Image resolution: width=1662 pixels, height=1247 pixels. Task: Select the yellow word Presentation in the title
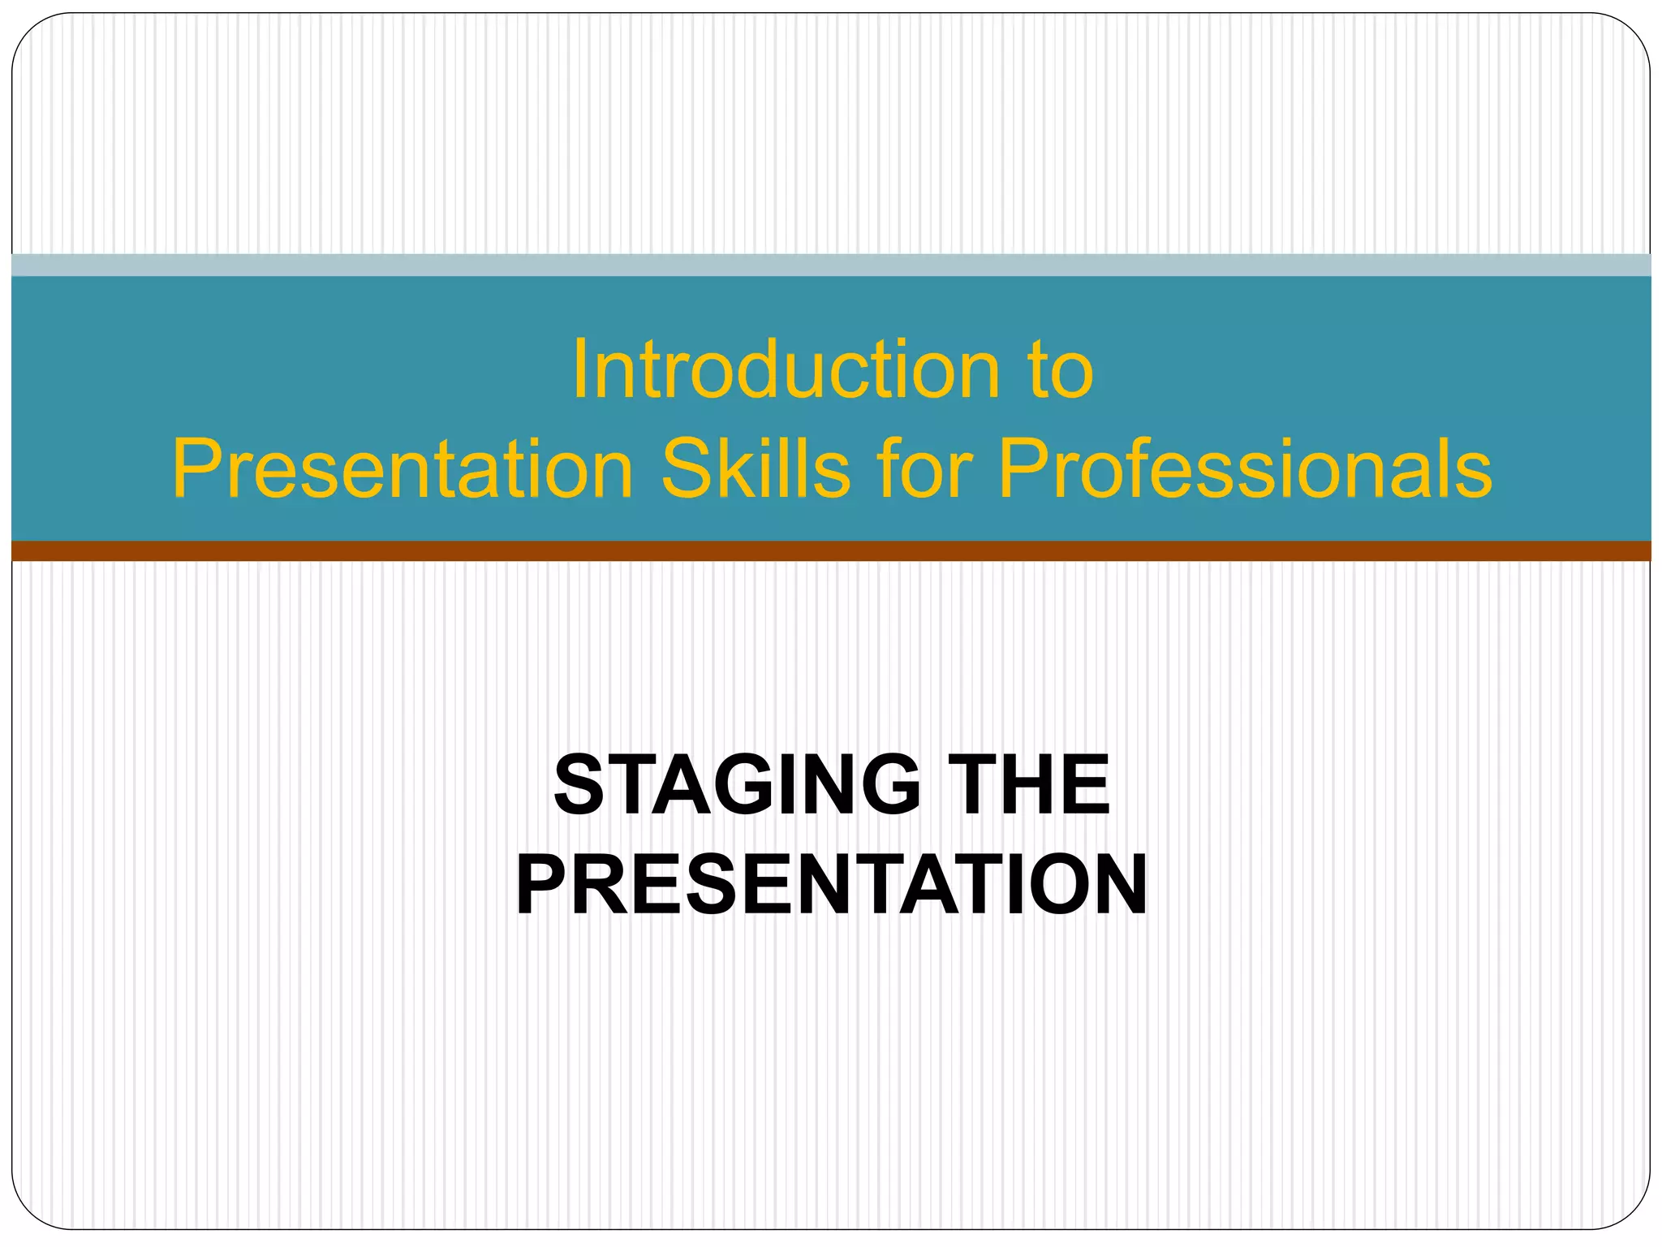click(x=403, y=469)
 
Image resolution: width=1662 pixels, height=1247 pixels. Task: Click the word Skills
click(x=756, y=469)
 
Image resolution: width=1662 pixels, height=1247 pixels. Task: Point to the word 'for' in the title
click(x=924, y=469)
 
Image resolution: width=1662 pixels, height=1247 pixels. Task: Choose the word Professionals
click(x=1245, y=469)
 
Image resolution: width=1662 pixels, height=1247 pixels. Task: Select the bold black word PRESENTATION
click(x=831, y=885)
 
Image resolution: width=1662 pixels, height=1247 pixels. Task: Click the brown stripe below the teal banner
click(x=831, y=551)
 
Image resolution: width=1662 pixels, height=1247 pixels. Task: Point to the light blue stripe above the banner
click(x=831, y=265)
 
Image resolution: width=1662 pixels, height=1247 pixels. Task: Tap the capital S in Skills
click(x=687, y=469)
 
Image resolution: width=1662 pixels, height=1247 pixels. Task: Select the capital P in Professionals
click(x=1024, y=469)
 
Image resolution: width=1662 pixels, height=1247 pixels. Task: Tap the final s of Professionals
click(x=1473, y=475)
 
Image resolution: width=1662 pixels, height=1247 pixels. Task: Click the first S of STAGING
click(x=579, y=784)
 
